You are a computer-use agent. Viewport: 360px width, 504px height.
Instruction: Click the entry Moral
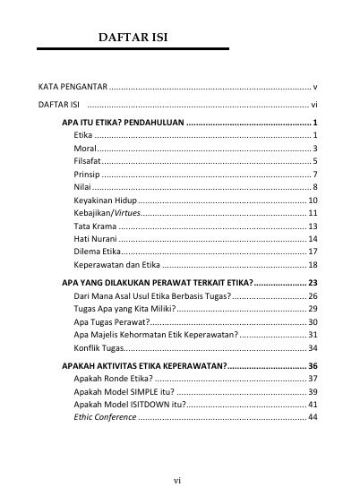pyautogui.click(x=86, y=147)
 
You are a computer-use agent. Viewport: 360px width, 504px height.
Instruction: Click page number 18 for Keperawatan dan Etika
pyautogui.click(x=313, y=266)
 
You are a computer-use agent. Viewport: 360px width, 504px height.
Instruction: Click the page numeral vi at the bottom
pyautogui.click(x=178, y=481)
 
